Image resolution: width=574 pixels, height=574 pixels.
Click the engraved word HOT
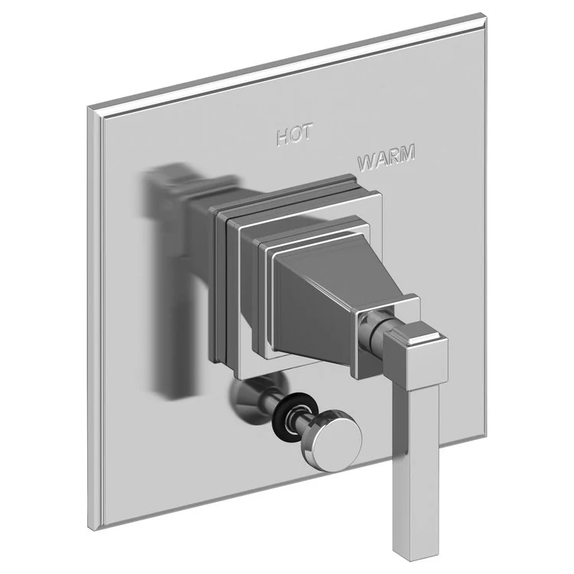pos(294,135)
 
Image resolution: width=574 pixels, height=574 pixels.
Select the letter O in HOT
pos(294,135)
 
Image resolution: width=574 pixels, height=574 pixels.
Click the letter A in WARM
pos(380,159)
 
